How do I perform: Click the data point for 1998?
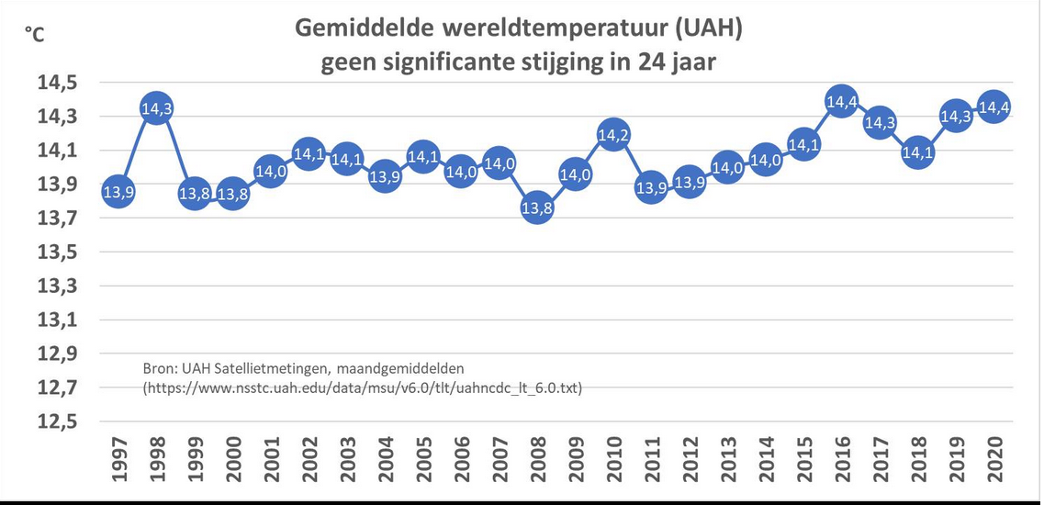(x=156, y=108)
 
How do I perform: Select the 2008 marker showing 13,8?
(x=536, y=208)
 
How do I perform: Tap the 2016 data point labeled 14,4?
(x=841, y=102)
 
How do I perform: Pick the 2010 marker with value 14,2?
(x=612, y=136)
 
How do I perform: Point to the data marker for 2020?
(x=993, y=107)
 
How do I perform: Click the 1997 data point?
(x=118, y=192)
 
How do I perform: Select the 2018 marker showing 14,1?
(x=917, y=153)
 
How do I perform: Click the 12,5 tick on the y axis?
(x=58, y=422)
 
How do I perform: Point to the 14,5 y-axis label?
(x=58, y=84)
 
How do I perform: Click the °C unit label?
(x=34, y=35)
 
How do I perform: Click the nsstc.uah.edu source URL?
(x=362, y=388)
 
